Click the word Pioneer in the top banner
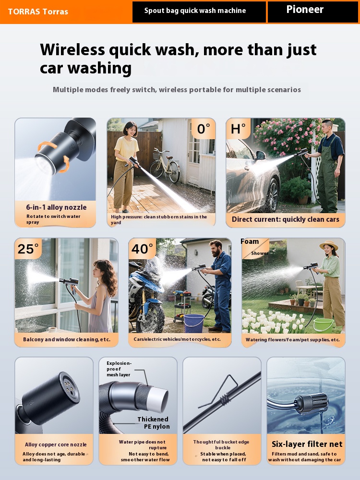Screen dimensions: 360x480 (305, 10)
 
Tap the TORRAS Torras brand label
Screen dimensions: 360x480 (38, 12)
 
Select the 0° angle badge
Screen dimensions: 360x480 (204, 129)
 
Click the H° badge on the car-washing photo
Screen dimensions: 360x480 (238, 129)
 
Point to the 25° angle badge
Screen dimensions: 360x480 (28, 249)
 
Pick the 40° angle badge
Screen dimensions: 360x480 (142, 249)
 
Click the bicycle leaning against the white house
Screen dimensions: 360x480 (165, 165)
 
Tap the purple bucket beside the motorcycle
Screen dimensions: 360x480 (194, 323)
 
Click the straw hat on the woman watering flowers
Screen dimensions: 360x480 (329, 245)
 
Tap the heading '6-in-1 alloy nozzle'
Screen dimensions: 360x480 (56, 207)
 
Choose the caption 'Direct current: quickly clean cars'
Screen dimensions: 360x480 (285, 219)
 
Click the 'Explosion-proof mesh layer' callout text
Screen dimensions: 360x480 (119, 369)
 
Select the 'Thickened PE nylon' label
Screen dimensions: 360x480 (154, 423)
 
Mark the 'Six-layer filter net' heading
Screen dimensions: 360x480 (307, 444)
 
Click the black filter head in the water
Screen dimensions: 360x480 (311, 403)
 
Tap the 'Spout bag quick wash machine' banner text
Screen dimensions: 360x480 (195, 11)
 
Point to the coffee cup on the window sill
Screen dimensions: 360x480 (52, 330)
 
